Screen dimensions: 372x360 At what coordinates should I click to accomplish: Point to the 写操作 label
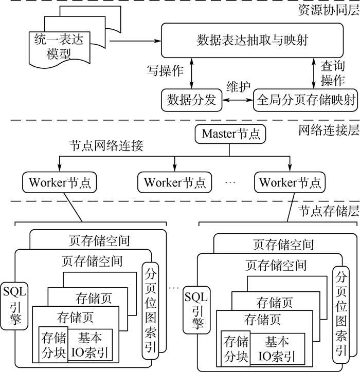point(165,71)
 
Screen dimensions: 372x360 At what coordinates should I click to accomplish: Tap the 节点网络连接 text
point(106,145)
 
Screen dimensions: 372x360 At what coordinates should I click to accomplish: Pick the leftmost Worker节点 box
point(60,182)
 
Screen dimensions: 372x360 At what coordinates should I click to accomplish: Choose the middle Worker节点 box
point(175,182)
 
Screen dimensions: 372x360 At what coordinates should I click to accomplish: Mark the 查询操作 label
point(332,73)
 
